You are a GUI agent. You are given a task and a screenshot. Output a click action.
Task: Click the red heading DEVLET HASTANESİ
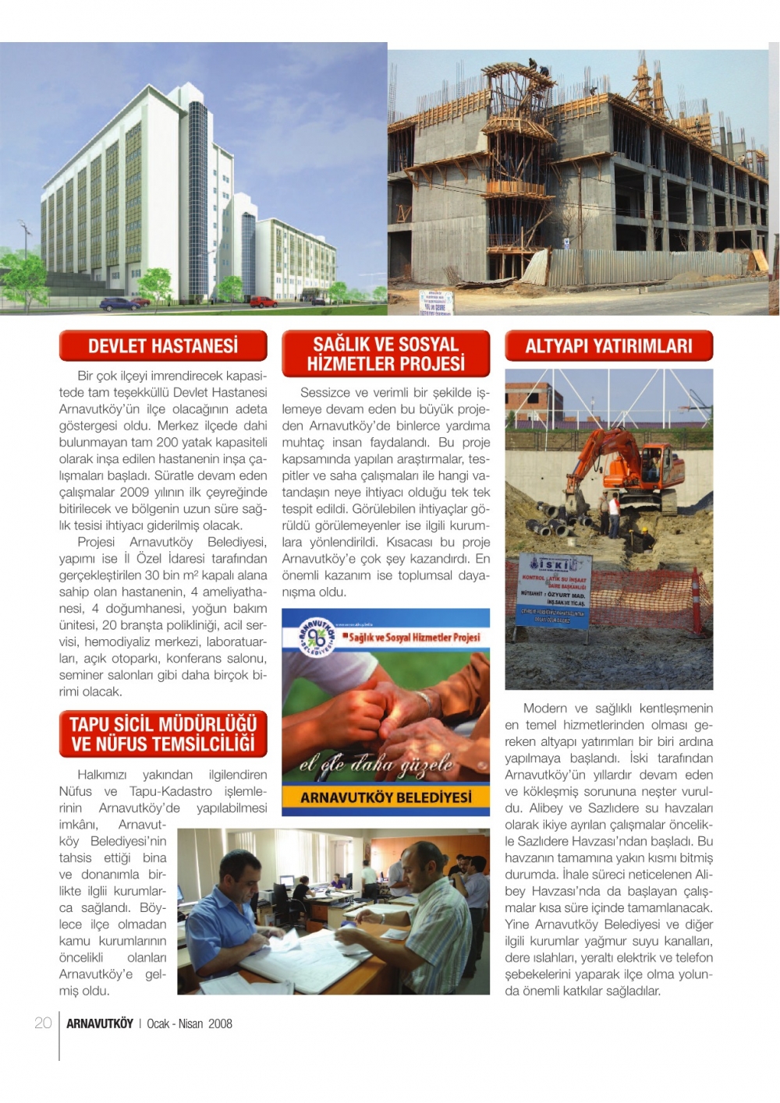163,346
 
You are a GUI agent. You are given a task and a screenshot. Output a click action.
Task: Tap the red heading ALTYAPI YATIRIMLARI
608,346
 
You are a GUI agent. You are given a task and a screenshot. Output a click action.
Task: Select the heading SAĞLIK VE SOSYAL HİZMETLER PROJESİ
386,354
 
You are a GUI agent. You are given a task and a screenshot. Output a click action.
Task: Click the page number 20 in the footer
43,1023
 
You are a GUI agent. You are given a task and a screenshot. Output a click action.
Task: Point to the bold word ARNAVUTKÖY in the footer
100,1023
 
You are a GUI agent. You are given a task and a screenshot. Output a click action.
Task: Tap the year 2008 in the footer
220,1023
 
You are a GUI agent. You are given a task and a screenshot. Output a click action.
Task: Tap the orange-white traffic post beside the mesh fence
697,600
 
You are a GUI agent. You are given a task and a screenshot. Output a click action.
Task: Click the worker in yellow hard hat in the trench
645,538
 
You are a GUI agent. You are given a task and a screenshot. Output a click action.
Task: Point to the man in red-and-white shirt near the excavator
614,514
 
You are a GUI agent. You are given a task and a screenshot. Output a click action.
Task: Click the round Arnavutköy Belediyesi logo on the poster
317,636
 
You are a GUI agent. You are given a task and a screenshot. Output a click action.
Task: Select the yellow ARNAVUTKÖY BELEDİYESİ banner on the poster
386,797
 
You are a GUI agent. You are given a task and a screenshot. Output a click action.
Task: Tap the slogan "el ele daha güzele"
376,765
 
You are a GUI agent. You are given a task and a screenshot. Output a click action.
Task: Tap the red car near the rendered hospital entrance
263,302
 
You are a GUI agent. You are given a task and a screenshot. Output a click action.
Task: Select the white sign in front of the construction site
436,302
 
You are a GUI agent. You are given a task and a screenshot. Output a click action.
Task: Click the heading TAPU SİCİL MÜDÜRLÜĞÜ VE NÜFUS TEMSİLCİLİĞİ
163,734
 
